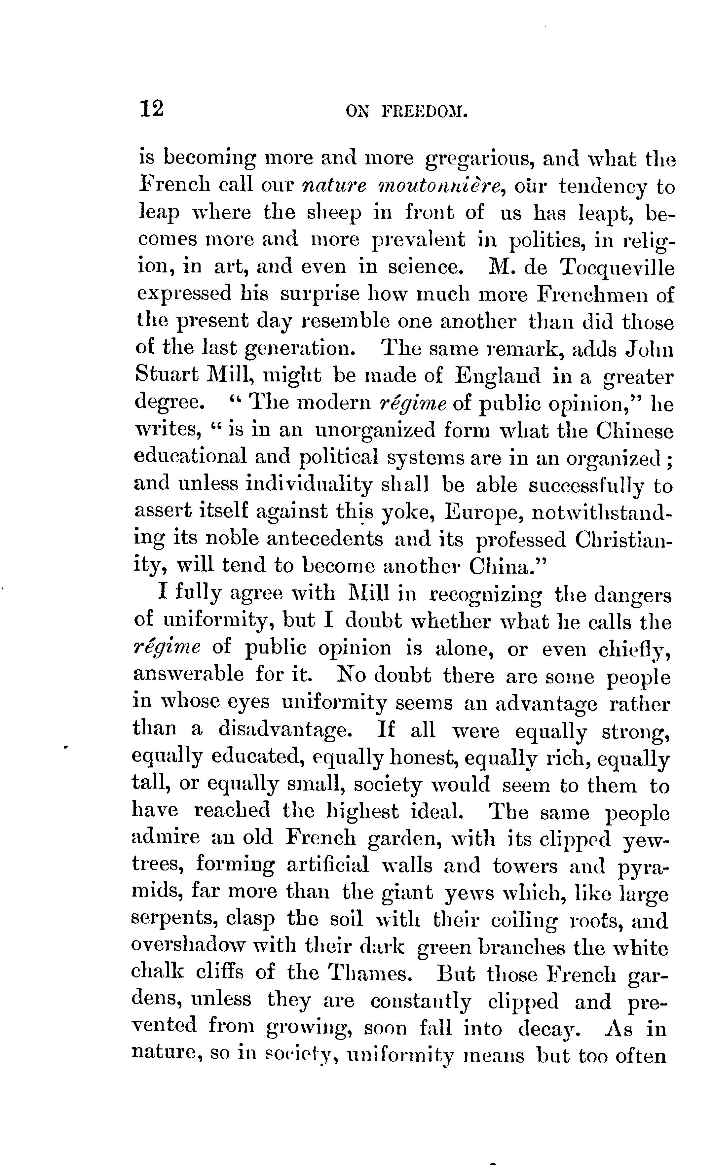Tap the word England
pyautogui.click(x=497, y=375)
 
